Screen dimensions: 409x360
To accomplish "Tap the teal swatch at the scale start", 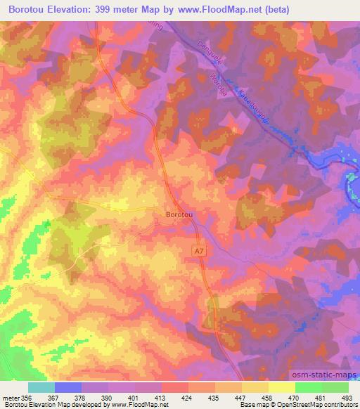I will [x=41, y=387].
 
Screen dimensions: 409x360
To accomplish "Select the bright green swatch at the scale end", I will [x=335, y=387].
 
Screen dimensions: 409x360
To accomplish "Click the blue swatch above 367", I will [x=68, y=387].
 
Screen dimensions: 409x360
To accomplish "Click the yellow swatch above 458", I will [x=255, y=387].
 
